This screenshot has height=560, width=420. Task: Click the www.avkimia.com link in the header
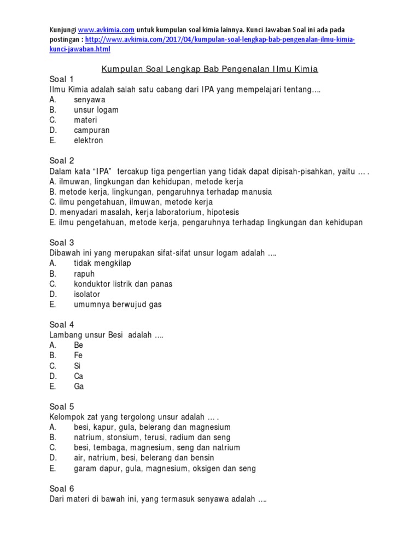click(106, 30)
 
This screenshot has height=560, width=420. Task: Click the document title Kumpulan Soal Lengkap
click(210, 69)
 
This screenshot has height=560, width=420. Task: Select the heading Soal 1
click(61, 79)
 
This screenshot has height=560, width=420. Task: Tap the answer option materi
click(85, 120)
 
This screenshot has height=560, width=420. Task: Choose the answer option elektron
click(88, 141)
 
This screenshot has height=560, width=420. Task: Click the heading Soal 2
click(61, 161)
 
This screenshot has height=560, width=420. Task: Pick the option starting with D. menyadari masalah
click(144, 212)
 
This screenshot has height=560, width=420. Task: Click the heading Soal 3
click(61, 243)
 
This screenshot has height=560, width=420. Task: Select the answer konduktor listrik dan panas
click(123, 284)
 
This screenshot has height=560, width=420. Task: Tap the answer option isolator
click(87, 294)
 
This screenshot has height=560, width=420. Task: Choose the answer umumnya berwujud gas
click(118, 305)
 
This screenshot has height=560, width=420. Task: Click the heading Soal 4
click(61, 325)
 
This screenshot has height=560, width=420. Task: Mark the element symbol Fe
click(78, 355)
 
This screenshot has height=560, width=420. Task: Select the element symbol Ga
click(79, 387)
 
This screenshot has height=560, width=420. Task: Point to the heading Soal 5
click(61, 407)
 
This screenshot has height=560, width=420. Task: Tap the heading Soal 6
click(61, 489)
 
